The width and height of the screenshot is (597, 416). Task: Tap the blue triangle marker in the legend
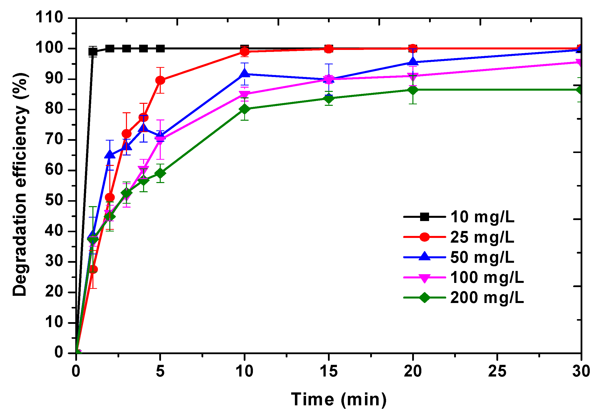pyautogui.click(x=424, y=257)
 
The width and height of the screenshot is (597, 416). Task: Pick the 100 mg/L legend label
pyautogui.click(x=486, y=277)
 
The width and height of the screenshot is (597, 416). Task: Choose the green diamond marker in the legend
pyautogui.click(x=424, y=298)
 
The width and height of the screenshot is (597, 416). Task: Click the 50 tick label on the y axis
pyautogui.click(x=54, y=200)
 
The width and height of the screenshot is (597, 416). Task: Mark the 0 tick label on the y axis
pyautogui.click(x=59, y=353)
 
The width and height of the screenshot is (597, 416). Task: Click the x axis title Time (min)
pyautogui.click(x=339, y=399)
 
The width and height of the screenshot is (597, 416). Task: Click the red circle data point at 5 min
pyautogui.click(x=160, y=80)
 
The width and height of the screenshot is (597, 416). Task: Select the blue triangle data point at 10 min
pyautogui.click(x=244, y=74)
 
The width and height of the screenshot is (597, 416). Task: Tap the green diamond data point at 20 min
pyautogui.click(x=413, y=90)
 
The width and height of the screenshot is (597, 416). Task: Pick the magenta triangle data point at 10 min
pyautogui.click(x=244, y=94)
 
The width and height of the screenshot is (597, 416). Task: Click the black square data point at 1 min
pyautogui.click(x=93, y=52)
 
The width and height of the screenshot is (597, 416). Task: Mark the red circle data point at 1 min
pyautogui.click(x=93, y=269)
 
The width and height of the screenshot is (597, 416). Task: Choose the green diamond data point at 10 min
pyautogui.click(x=244, y=109)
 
